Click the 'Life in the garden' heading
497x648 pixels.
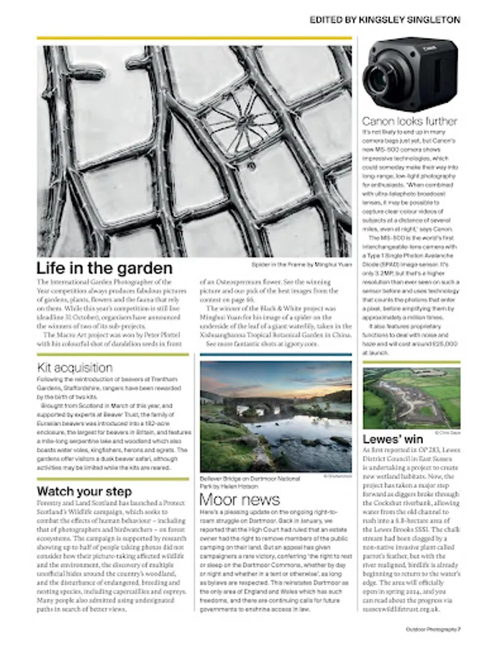pyautogui.click(x=105, y=269)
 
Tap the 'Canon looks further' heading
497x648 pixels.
pyautogui.click(x=409, y=121)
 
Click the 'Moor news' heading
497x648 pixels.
pyautogui.click(x=240, y=499)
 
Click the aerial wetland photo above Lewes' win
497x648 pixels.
pyautogui.click(x=411, y=398)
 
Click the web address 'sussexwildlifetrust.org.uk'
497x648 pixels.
pyautogui.click(x=408, y=608)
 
